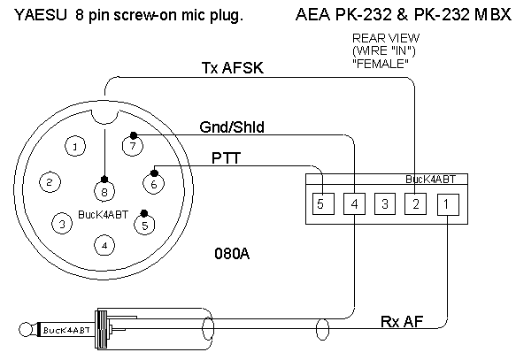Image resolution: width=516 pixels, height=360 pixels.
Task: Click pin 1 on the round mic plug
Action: (x=75, y=146)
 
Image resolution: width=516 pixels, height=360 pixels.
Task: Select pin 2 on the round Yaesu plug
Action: (x=50, y=182)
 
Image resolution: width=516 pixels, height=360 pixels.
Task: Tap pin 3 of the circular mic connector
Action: (x=62, y=224)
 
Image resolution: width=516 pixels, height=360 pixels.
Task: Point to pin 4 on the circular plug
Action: (x=104, y=245)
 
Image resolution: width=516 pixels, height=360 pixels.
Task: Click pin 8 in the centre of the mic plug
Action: (x=104, y=191)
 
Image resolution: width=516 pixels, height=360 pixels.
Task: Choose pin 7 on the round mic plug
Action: (x=133, y=145)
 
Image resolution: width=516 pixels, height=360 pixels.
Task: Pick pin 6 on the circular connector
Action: (x=154, y=183)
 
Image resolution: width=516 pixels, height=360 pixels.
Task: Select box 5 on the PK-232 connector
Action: (x=323, y=203)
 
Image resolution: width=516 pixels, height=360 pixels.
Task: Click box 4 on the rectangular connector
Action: (x=354, y=203)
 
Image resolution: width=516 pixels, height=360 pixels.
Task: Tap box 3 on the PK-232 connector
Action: (x=385, y=203)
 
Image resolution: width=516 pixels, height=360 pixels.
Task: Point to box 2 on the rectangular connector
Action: (x=415, y=203)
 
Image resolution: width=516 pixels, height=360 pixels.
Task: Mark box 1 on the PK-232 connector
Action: (x=448, y=204)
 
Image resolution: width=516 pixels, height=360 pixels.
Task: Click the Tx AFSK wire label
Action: (x=232, y=68)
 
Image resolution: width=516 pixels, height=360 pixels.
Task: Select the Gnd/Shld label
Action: (x=232, y=126)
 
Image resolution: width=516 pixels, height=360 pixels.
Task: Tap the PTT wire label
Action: (x=226, y=157)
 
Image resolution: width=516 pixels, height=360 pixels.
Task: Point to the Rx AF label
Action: (x=402, y=321)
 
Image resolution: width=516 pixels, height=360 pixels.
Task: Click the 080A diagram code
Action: (x=232, y=254)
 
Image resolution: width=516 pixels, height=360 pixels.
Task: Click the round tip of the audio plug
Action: (x=25, y=329)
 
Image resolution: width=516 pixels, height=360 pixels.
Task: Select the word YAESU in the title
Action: (x=41, y=15)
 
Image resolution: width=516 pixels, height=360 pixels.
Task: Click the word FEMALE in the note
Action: (x=381, y=64)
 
